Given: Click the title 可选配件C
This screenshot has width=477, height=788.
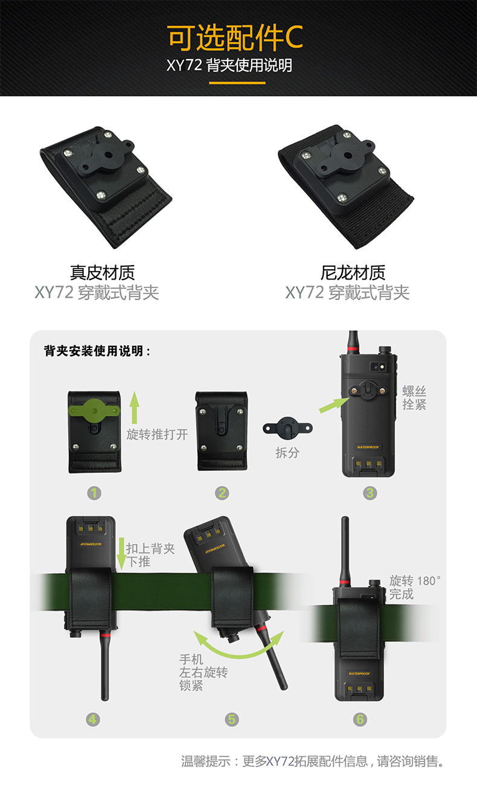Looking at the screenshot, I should [x=235, y=38].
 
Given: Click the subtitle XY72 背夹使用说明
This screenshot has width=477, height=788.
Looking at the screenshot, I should [x=229, y=65].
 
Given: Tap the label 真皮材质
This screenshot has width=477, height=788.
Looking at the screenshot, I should [x=102, y=273].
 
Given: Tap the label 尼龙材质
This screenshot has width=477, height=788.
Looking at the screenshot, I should [x=353, y=273].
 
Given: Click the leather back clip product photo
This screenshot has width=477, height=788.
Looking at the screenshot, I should [x=106, y=187].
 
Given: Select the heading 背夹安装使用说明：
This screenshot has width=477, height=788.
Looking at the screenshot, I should [x=97, y=351].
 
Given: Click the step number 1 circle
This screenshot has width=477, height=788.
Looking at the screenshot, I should [x=94, y=493].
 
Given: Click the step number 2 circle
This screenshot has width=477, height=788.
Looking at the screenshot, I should [x=222, y=493].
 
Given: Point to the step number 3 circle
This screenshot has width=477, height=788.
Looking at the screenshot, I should [x=370, y=493].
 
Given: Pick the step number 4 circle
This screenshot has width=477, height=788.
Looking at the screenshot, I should [x=93, y=719].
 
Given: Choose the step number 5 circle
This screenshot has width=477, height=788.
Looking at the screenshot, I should [x=232, y=719].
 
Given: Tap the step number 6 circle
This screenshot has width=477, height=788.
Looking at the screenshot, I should [x=360, y=719].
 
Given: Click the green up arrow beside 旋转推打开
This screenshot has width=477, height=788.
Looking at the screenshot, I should [x=135, y=406].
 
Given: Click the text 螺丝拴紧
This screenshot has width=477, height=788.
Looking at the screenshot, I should [x=414, y=399].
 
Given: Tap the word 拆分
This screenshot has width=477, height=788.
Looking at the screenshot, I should [x=287, y=452].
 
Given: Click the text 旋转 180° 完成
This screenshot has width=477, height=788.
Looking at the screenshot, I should [x=414, y=587].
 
